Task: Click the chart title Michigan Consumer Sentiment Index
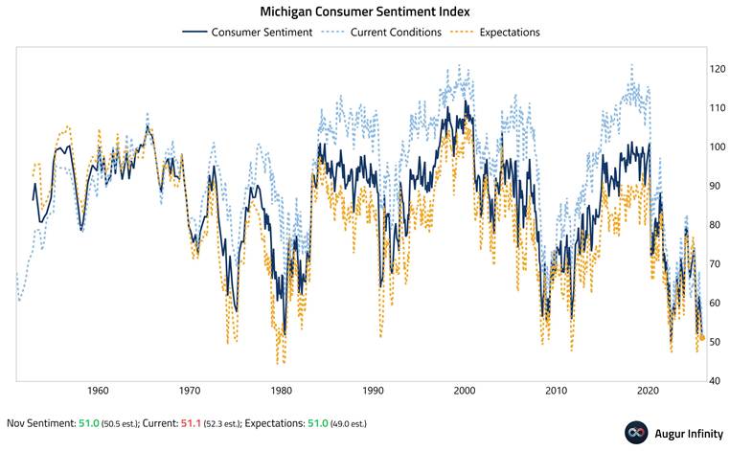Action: tap(365, 11)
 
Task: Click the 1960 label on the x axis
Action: tap(97, 391)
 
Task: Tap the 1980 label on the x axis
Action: tap(281, 391)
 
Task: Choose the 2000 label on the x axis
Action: tap(465, 391)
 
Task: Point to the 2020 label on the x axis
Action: tap(649, 391)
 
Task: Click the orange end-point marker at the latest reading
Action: tap(702, 338)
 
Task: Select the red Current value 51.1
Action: tap(192, 423)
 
